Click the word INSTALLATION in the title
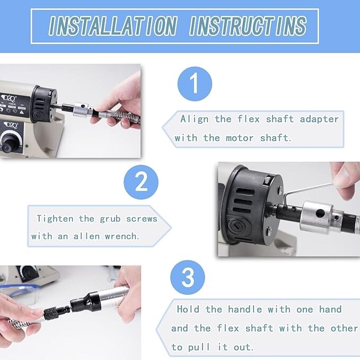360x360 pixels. (x=112, y=25)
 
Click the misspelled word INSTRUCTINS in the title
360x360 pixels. (x=248, y=25)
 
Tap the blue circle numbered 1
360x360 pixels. (x=194, y=84)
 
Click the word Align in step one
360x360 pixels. (x=195, y=119)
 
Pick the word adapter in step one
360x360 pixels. (x=319, y=119)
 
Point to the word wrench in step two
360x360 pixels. (x=124, y=236)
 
